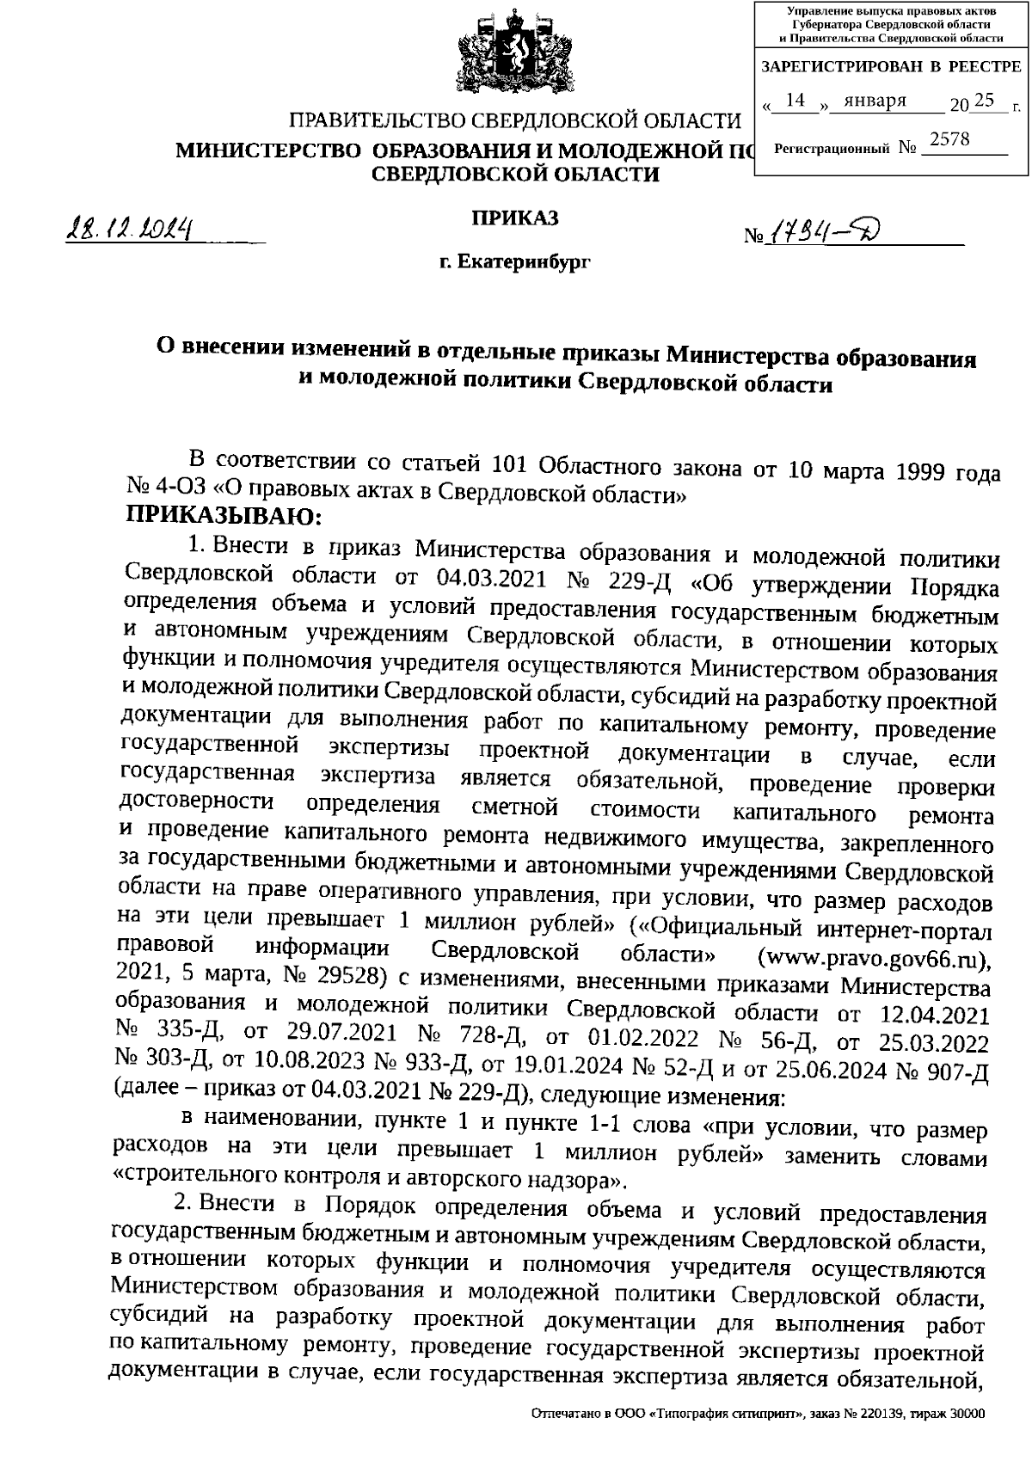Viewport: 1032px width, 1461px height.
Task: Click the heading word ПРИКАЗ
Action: [x=514, y=218]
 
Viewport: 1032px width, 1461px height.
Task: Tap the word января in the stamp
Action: [x=875, y=101]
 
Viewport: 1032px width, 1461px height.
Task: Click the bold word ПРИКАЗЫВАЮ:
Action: [x=224, y=517]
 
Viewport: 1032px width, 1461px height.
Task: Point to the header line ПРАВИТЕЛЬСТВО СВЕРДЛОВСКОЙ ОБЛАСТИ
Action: [x=513, y=120]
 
